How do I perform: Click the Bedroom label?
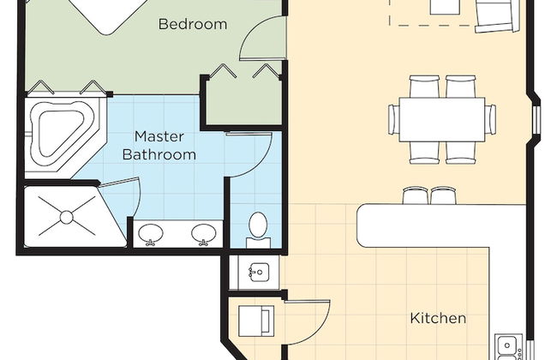click(193, 24)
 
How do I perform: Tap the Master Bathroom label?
click(159, 146)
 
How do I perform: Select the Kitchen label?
click(438, 318)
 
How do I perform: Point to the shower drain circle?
click(67, 217)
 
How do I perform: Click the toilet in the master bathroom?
click(258, 230)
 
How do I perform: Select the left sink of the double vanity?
click(151, 235)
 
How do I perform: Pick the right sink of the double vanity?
click(204, 234)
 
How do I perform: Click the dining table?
click(442, 119)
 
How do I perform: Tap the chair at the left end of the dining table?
click(393, 119)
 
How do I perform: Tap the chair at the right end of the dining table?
click(490, 119)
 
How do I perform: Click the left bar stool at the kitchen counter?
click(416, 195)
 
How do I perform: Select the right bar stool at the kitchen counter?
click(443, 195)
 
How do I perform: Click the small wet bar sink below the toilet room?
click(260, 273)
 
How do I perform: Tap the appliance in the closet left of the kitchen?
click(256, 321)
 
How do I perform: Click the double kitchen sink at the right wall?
click(508, 347)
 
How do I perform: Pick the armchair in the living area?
click(496, 16)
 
